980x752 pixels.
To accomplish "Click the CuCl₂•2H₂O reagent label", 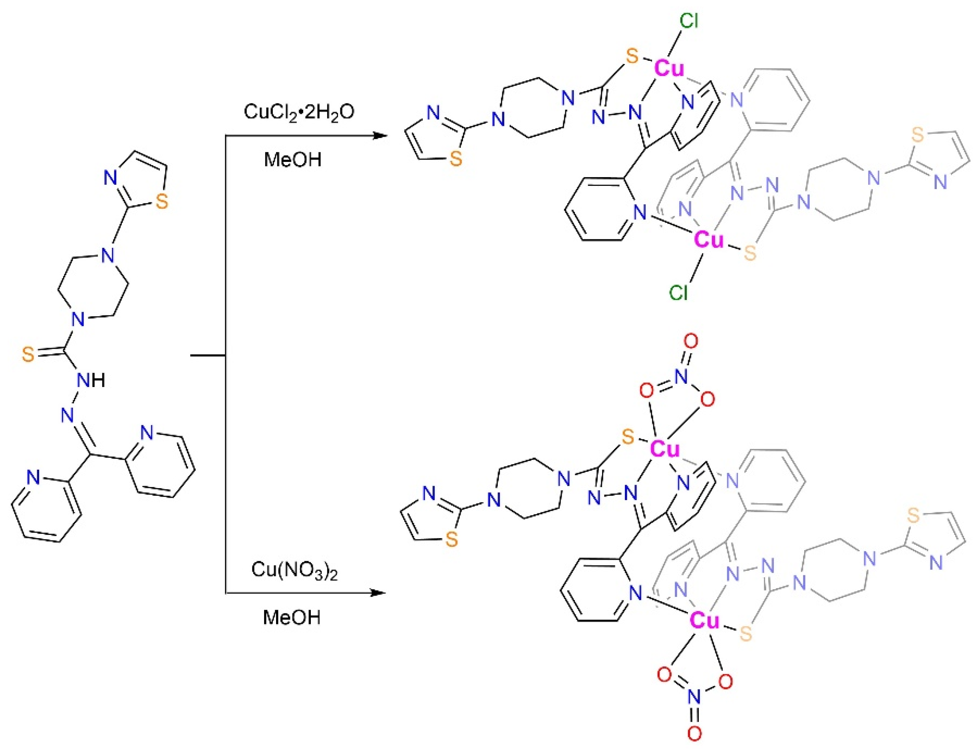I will (299, 112).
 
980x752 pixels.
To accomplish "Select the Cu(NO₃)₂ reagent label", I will (294, 570).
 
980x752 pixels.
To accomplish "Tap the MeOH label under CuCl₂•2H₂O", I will (292, 160).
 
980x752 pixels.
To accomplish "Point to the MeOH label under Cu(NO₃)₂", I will (292, 617).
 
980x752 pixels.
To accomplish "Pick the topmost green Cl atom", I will (688, 21).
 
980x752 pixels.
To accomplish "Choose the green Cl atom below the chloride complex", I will (678, 293).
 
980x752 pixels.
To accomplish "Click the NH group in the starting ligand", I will (91, 380).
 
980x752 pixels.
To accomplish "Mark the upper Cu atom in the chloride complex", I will (669, 68).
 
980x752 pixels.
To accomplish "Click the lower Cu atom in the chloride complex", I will (708, 239).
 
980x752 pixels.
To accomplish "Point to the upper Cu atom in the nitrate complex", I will (665, 449).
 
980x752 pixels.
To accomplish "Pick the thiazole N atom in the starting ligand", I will (111, 178).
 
